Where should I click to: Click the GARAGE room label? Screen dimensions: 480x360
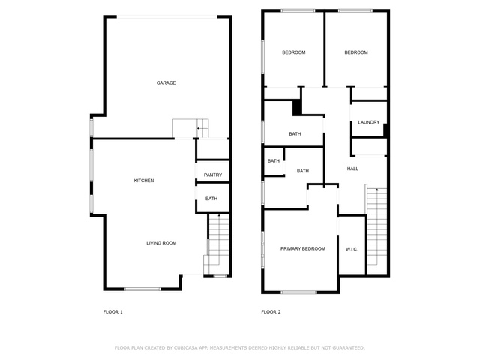pos(166,82)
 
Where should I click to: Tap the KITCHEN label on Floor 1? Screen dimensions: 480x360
pos(144,181)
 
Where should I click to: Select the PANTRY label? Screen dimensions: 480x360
pos(213,175)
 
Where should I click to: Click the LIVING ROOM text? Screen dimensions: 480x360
pos(161,243)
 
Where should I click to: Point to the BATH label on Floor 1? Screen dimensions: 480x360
pos(211,199)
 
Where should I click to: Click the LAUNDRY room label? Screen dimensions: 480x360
pos(368,122)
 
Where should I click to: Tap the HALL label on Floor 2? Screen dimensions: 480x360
pos(352,169)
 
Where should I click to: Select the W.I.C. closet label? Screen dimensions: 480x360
pos(352,249)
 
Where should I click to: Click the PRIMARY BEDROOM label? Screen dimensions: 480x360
pos(303,248)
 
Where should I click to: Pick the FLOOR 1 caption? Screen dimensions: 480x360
pos(113,312)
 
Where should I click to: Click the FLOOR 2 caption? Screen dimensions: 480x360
pos(271,312)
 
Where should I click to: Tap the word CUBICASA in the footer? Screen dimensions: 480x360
pos(184,348)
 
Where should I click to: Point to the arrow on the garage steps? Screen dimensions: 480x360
pos(199,129)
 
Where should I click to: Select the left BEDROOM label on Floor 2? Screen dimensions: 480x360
pos(293,52)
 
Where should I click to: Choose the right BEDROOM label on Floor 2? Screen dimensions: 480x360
pos(356,52)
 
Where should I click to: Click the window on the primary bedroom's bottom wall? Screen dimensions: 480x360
pos(298,292)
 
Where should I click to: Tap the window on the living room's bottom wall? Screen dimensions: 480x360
pos(142,289)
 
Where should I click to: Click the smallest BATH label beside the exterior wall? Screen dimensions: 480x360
pos(273,161)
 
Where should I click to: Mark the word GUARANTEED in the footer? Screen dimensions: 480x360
pos(349,348)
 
